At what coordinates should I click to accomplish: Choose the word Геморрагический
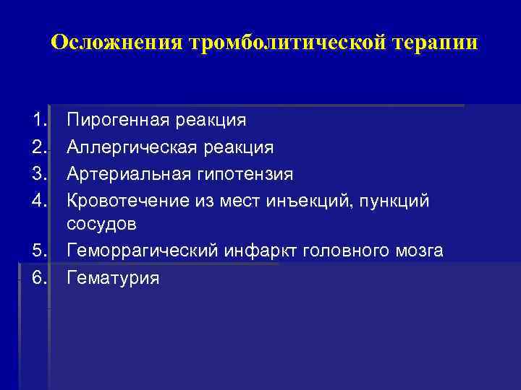pos(142,251)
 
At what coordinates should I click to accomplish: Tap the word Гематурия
pos(113,278)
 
